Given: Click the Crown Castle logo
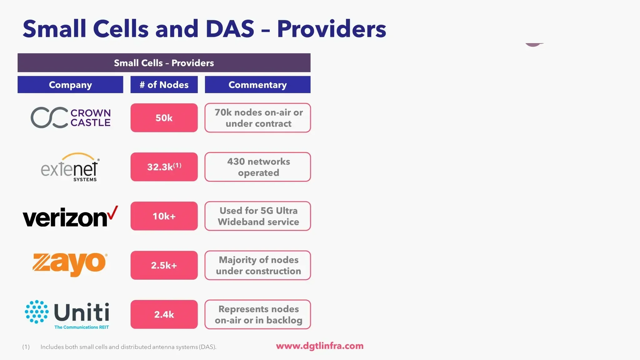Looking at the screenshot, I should click(x=71, y=118).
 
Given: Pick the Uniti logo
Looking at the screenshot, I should click(x=67, y=314).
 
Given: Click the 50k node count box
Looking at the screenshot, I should click(x=164, y=118).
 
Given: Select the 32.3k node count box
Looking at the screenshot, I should click(x=164, y=167).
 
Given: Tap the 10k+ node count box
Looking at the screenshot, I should click(x=164, y=216).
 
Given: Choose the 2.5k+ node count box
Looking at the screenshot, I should click(x=164, y=265).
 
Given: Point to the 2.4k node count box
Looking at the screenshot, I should click(x=164, y=314).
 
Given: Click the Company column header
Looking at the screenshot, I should click(x=70, y=85).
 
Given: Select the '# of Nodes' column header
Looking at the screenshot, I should click(x=164, y=85).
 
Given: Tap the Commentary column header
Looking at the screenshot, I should click(x=257, y=85).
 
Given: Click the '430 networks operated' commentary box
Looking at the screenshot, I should click(x=258, y=167).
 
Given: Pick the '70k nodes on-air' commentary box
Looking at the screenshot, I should click(x=258, y=118).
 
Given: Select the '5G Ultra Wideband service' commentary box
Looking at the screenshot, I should click(x=258, y=216).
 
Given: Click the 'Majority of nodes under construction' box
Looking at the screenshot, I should click(x=258, y=265).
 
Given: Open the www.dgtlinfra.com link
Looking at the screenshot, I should click(x=320, y=346).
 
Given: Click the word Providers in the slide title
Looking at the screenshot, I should click(x=332, y=29).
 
